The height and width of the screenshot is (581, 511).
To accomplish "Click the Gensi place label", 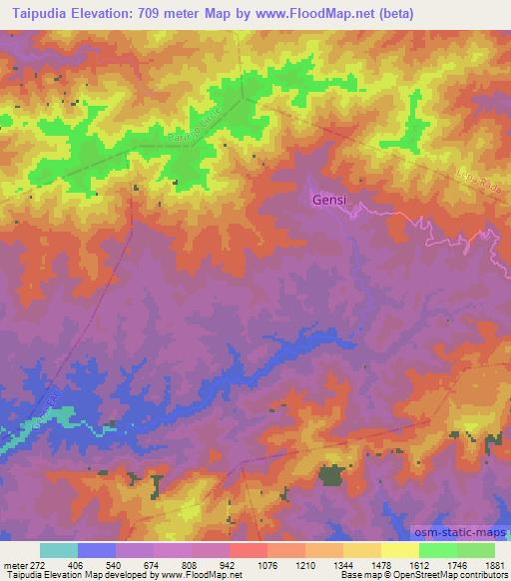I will [x=329, y=200].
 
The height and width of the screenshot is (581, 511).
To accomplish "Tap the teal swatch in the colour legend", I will [x=58, y=550].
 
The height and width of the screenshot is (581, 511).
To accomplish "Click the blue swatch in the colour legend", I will [x=96, y=550].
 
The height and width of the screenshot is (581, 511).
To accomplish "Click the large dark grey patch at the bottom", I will [x=331, y=475].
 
